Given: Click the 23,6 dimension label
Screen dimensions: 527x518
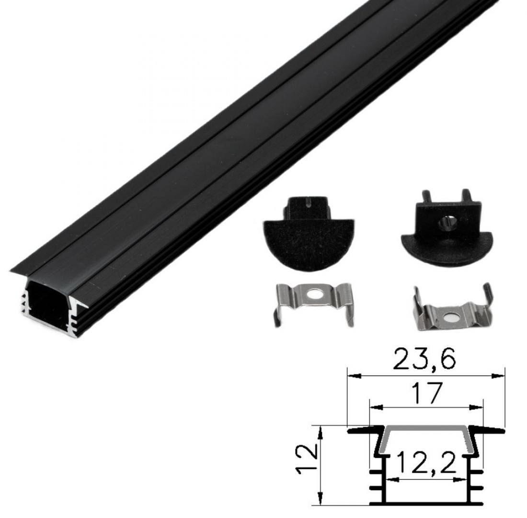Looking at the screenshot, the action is tap(425, 359).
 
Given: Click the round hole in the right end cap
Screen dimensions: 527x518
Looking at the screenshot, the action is tap(447, 221).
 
